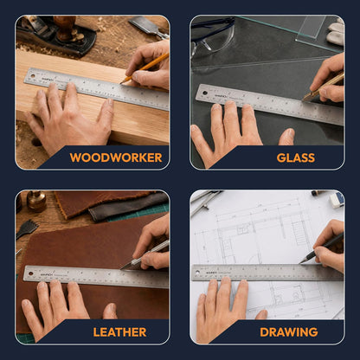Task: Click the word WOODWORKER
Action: pyautogui.click(x=116, y=157)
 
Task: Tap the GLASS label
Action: pyautogui.click(x=296, y=157)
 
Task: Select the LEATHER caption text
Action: pyautogui.click(x=119, y=332)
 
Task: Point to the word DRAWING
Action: pyautogui.click(x=289, y=332)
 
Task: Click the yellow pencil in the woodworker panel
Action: pyautogui.click(x=145, y=68)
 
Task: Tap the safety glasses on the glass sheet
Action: pyautogui.click(x=213, y=35)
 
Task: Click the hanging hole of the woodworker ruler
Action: pyautogui.click(x=33, y=76)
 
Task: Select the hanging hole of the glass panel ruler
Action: pyautogui.click(x=205, y=93)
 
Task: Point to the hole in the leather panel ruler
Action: pyautogui.click(x=30, y=273)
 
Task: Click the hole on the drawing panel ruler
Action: pyautogui.click(x=197, y=272)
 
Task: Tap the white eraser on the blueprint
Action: pyautogui.click(x=337, y=200)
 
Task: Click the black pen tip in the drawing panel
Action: pyautogui.click(x=301, y=262)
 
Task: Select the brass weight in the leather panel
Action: pyautogui.click(x=36, y=201)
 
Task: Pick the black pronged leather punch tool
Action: pyautogui.click(x=27, y=228)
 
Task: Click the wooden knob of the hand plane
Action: pyautogui.click(x=65, y=28)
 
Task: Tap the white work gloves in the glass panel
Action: pyautogui.click(x=337, y=32)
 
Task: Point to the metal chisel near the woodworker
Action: pyautogui.click(x=149, y=27)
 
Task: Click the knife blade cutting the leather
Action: pyautogui.click(x=127, y=266)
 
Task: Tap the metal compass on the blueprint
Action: pyautogui.click(x=205, y=201)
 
